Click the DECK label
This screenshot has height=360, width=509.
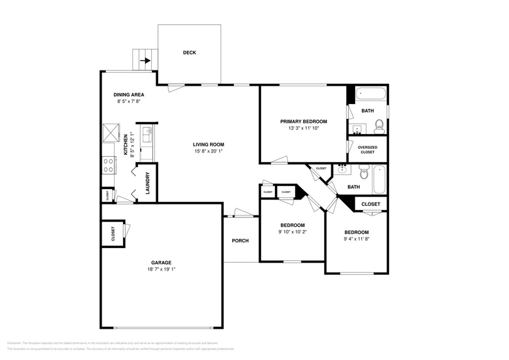click(189, 53)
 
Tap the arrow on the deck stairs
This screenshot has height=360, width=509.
click(145, 61)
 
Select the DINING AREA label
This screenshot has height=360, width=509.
click(129, 94)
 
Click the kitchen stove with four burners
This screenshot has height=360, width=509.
click(109, 165)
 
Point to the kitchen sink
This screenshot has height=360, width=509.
click(148, 135)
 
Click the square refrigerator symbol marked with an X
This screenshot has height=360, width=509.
click(111, 132)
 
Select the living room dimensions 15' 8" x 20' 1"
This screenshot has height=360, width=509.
click(209, 151)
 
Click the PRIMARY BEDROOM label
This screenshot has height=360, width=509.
click(303, 121)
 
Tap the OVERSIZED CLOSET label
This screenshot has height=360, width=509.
click(368, 149)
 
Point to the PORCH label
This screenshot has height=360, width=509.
click(240, 241)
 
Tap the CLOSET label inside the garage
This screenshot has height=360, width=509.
click(113, 234)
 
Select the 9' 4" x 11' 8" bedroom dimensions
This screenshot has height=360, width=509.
click(356, 239)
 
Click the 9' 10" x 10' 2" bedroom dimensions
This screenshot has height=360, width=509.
click(292, 231)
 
